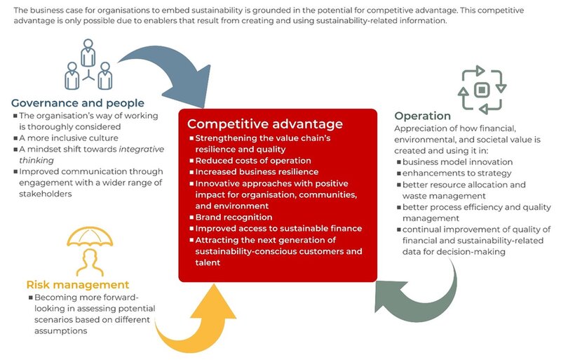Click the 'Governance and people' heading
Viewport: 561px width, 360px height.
[x=78, y=103]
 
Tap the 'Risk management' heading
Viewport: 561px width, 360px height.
[x=78, y=285]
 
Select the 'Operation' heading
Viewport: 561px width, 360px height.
[x=423, y=116]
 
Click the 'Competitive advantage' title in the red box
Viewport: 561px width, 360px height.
[x=265, y=124]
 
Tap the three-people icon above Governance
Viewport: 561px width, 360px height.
[x=88, y=65]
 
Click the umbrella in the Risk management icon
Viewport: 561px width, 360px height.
[x=90, y=236]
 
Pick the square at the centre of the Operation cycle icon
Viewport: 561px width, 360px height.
[x=482, y=90]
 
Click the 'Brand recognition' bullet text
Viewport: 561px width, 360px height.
[x=234, y=218]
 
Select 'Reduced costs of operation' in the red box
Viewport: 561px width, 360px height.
[x=253, y=161]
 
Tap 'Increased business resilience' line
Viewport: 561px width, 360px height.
[x=257, y=172]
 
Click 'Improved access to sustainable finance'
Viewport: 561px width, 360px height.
[x=278, y=229]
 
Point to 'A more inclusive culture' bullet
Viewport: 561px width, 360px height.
[x=68, y=138]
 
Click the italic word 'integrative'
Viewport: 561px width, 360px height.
[x=142, y=149]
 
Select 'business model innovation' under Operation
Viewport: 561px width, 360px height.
[x=458, y=162]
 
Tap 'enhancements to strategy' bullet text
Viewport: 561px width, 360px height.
[x=457, y=173]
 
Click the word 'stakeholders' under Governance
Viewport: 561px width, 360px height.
[x=46, y=194]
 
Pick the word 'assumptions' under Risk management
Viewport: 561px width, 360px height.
[x=61, y=331]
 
